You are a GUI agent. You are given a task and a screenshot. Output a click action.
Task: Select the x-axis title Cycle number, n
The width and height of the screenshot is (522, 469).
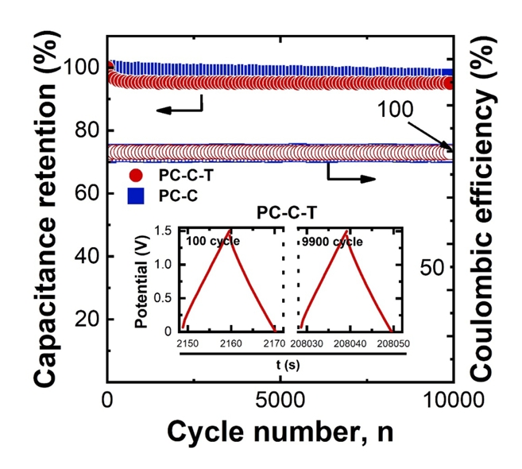coord(280,432)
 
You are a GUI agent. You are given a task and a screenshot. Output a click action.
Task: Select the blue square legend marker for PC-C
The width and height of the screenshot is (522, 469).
coord(136,194)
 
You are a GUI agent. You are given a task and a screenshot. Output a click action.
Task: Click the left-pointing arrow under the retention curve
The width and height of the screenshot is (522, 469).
coord(176,109)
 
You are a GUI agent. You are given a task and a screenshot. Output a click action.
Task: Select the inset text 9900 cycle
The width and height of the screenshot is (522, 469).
coord(330,239)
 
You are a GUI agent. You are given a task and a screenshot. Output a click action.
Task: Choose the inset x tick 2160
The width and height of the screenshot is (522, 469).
coord(231,343)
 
